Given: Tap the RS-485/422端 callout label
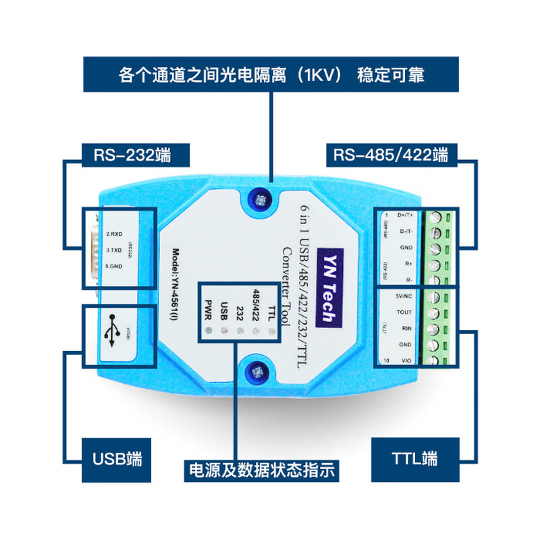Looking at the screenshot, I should [x=390, y=155].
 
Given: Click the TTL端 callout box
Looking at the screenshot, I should [x=414, y=458].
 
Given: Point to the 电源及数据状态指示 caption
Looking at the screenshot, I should [x=262, y=470].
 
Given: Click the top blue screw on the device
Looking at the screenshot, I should [x=259, y=198].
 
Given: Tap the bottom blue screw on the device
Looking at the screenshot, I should [x=257, y=371].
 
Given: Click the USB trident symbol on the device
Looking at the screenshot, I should [x=112, y=331].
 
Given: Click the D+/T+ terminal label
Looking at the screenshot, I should [x=406, y=215].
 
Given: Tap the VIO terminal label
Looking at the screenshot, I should [x=406, y=361].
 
